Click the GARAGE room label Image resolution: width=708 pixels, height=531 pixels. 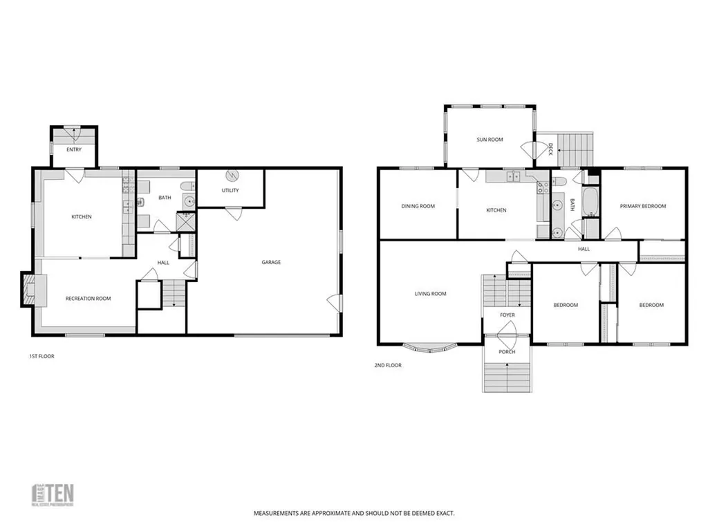[x=271, y=262]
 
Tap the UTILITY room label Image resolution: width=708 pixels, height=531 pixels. [x=230, y=190]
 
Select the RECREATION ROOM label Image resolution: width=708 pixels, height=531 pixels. [x=88, y=299]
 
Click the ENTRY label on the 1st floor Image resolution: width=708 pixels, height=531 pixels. [x=73, y=149]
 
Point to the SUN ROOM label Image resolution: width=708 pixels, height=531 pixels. [x=490, y=140]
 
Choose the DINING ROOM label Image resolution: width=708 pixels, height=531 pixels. [x=418, y=206]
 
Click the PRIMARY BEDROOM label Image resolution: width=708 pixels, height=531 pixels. [x=643, y=206]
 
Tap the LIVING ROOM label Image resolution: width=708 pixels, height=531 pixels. [x=430, y=294]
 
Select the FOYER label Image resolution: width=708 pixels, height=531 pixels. [x=507, y=315]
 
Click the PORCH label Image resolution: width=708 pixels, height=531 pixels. [x=507, y=352]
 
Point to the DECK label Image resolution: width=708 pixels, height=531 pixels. [x=550, y=148]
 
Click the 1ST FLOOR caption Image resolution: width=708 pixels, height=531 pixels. [x=41, y=357]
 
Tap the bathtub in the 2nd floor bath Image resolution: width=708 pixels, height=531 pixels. [x=591, y=203]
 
